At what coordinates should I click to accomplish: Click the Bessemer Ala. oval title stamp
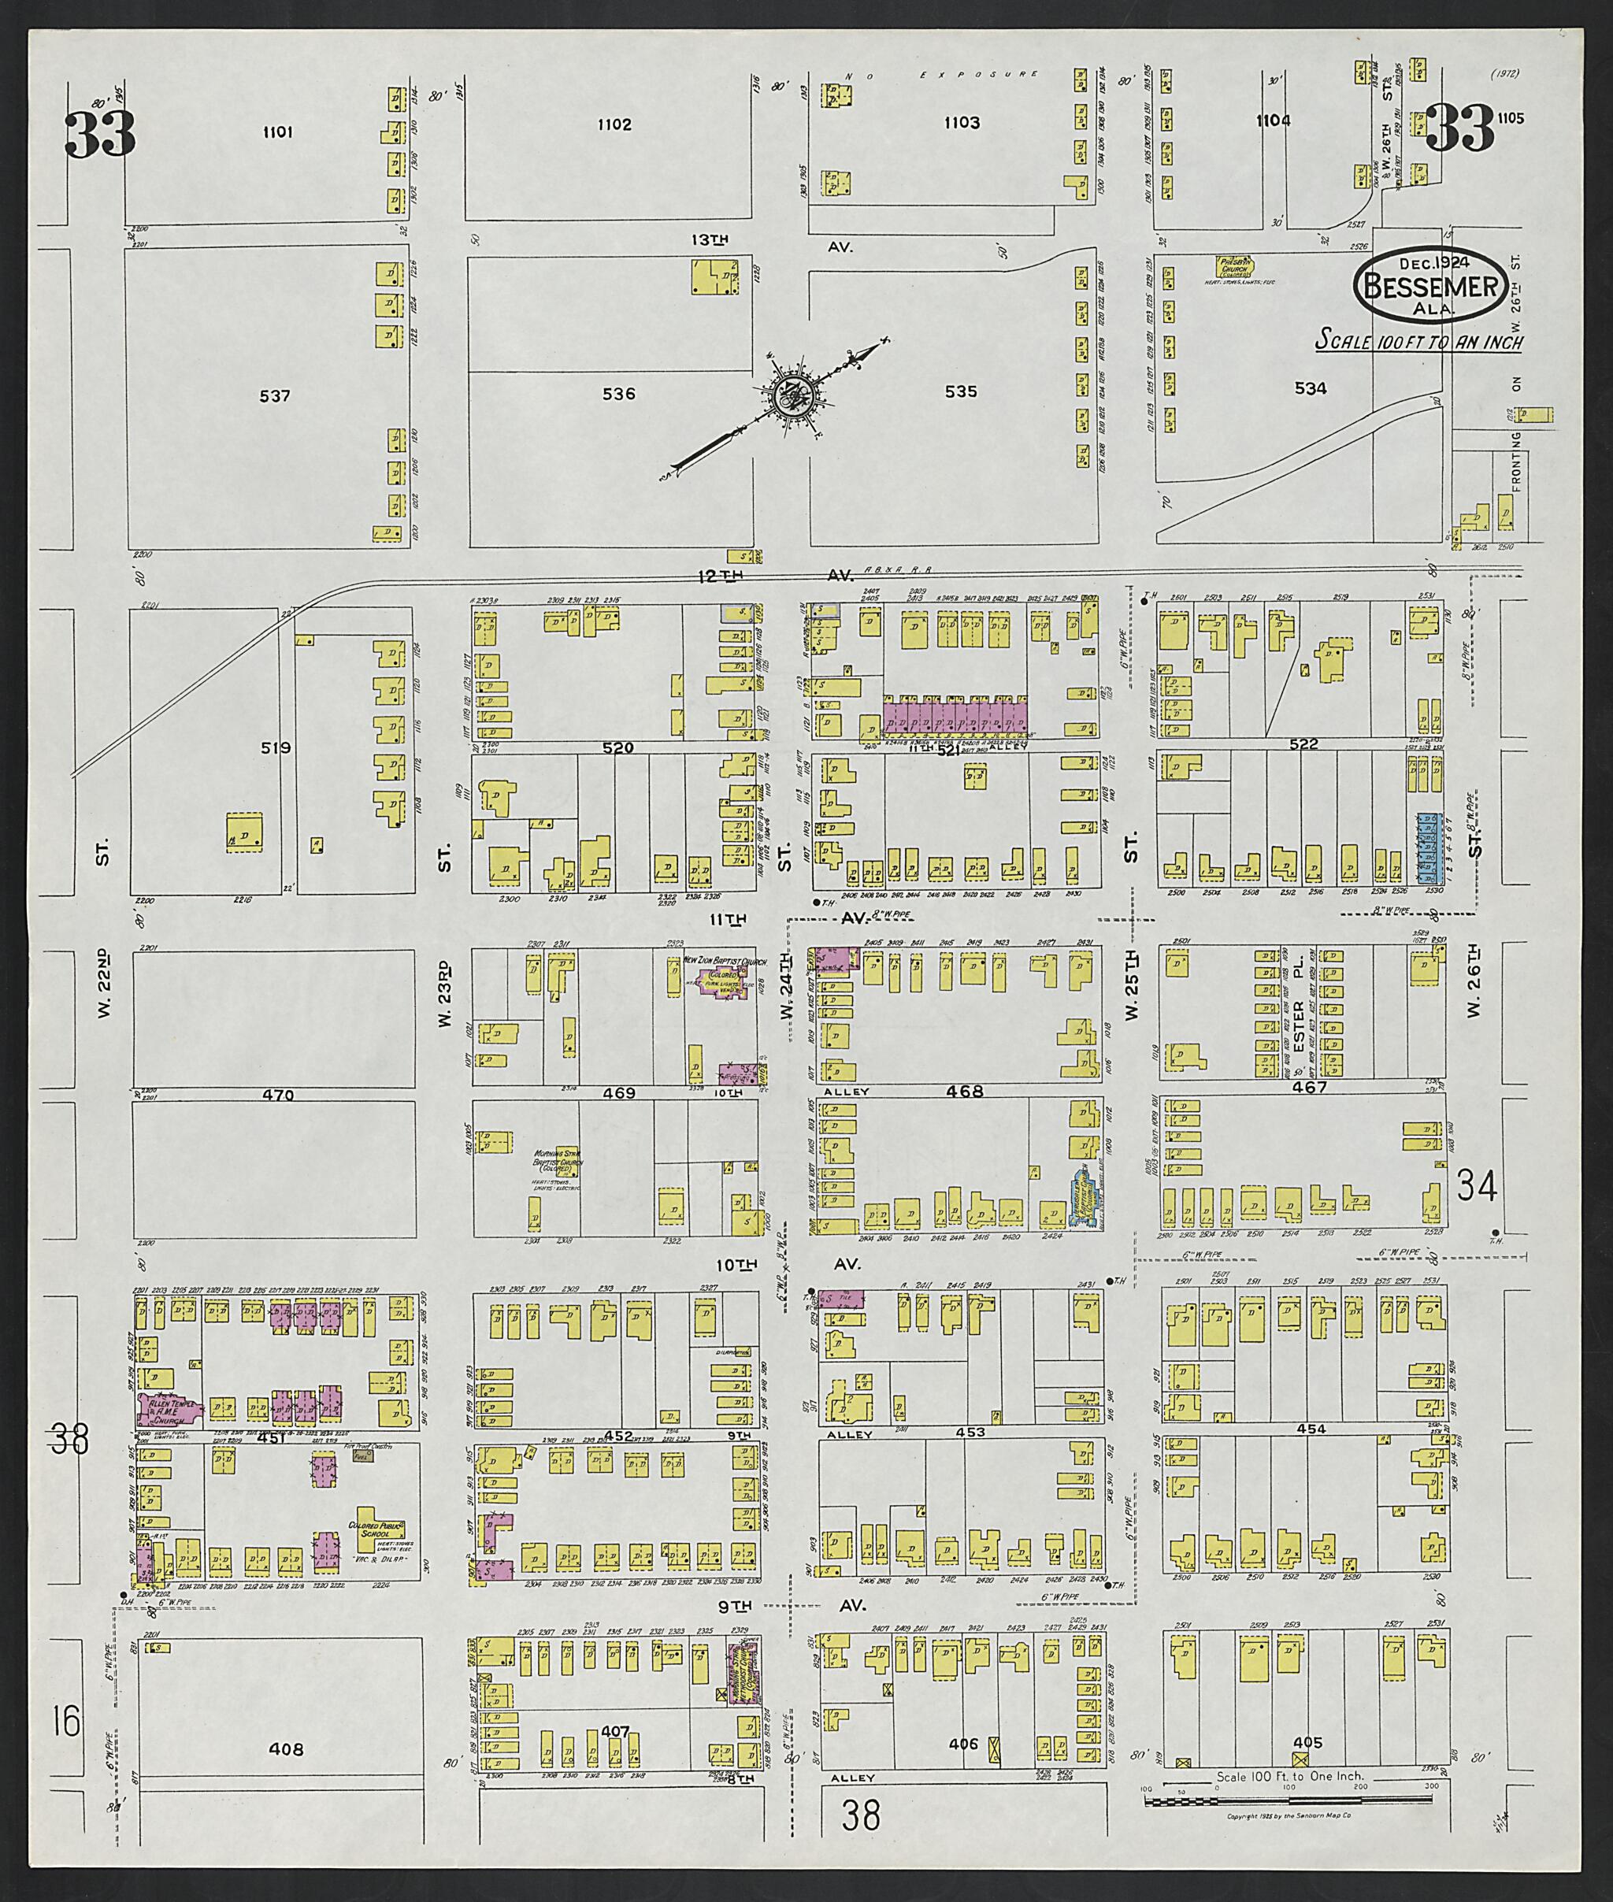pyautogui.click(x=1433, y=284)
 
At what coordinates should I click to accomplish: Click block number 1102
pyautogui.click(x=614, y=124)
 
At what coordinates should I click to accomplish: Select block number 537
pyautogui.click(x=274, y=396)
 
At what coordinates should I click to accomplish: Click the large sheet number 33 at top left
pyautogui.click(x=101, y=135)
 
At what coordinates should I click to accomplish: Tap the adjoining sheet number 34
pyautogui.click(x=1478, y=1188)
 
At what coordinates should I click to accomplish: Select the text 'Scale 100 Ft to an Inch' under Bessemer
pyautogui.click(x=1419, y=342)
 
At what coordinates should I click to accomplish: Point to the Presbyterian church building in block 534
pyautogui.click(x=1233, y=266)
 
